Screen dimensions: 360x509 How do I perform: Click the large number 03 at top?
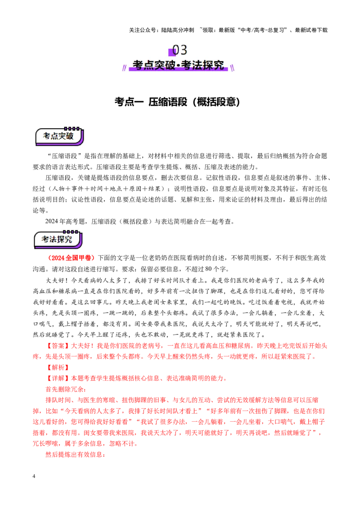point(180,50)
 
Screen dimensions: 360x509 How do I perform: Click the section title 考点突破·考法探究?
point(178,65)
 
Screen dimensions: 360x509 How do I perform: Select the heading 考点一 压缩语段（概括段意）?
point(177,102)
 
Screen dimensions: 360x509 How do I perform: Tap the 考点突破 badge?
point(59,136)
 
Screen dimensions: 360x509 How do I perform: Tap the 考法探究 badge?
point(58,239)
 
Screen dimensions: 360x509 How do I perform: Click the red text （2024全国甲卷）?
point(71,258)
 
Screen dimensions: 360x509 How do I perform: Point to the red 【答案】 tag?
point(58,346)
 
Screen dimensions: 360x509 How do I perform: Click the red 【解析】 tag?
point(58,367)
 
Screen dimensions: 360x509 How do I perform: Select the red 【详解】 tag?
point(58,378)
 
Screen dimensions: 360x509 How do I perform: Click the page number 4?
point(34,476)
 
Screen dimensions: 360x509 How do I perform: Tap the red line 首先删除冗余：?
point(66,389)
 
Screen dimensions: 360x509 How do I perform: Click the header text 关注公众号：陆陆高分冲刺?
point(162,30)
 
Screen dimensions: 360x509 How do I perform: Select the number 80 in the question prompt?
point(209,269)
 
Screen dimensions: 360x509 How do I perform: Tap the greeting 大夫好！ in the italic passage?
point(58,281)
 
